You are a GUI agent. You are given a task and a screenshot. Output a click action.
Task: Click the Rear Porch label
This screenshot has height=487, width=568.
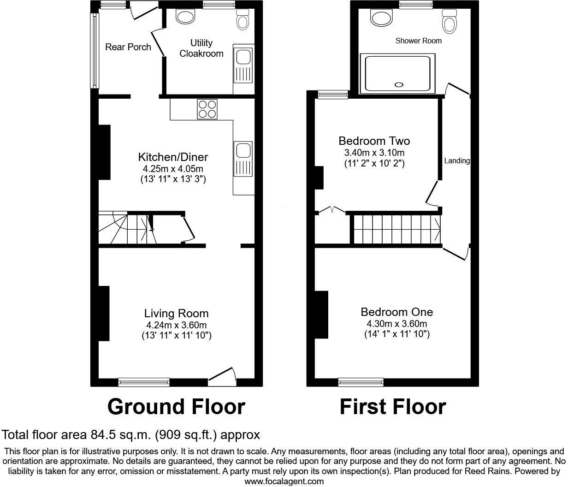tap(128, 47)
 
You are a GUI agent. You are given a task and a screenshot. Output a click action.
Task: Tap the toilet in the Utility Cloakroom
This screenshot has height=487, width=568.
tap(243, 19)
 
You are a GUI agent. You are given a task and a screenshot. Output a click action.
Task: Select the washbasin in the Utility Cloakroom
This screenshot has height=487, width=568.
tap(186, 18)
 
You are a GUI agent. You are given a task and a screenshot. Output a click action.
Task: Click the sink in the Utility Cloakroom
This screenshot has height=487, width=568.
tap(243, 65)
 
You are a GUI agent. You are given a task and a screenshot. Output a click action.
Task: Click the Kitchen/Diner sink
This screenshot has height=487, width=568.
tap(243, 159)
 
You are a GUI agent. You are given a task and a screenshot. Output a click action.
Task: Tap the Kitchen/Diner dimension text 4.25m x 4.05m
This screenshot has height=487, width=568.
tap(173, 169)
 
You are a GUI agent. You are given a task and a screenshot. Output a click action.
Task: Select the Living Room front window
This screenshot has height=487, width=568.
tap(144, 382)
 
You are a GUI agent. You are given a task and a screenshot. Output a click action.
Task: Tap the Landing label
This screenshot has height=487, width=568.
tap(457, 161)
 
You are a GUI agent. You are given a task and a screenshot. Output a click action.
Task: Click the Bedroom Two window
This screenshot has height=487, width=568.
tap(333, 95)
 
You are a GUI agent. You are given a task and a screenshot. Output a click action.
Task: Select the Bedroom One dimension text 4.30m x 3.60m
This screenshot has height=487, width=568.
tap(396, 323)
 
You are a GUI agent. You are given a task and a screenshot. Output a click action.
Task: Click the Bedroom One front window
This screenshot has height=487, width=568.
tap(361, 382)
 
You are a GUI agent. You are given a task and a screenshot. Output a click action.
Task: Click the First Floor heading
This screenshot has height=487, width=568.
tap(393, 407)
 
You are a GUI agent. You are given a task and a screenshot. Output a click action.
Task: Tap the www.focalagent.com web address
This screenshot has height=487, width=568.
tap(284, 481)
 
